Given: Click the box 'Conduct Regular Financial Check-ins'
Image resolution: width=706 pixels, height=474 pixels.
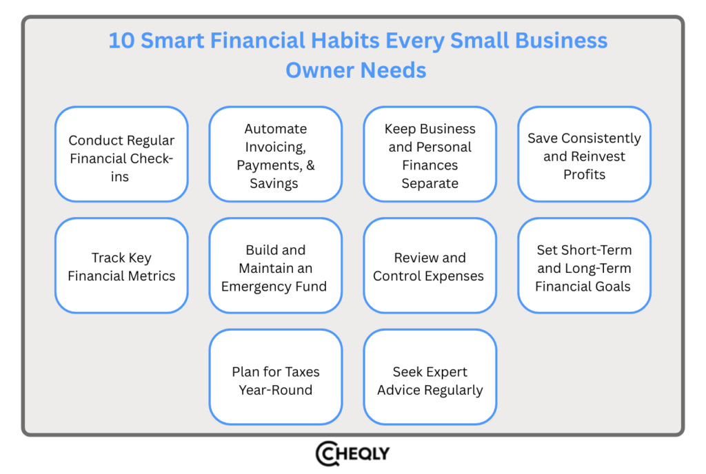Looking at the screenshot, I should click(x=121, y=154).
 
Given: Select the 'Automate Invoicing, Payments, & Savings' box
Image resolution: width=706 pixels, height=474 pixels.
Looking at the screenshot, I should click(x=275, y=154).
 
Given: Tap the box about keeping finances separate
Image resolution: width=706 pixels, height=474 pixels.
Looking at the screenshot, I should click(x=430, y=154).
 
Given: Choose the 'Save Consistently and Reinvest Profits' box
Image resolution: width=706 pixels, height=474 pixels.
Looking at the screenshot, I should click(x=584, y=154).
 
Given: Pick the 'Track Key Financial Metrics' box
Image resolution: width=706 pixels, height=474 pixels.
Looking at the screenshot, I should click(x=121, y=266).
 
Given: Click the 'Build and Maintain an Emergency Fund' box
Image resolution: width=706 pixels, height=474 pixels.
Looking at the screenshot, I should click(x=275, y=266).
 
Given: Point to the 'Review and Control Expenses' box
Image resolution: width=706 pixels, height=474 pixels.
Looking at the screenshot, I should click(x=430, y=266).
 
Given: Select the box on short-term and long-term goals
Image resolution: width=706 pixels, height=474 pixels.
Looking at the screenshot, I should click(x=584, y=266).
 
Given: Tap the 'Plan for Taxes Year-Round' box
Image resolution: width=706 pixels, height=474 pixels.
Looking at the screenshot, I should click(x=275, y=377).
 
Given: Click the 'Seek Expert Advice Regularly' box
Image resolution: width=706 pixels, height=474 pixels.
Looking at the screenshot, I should click(x=430, y=377).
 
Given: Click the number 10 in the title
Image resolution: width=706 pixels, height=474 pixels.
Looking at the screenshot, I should click(x=121, y=41).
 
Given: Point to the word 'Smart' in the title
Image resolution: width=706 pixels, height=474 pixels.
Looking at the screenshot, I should click(x=172, y=41).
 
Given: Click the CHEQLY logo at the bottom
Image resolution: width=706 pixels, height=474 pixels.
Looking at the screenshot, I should click(x=352, y=453).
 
